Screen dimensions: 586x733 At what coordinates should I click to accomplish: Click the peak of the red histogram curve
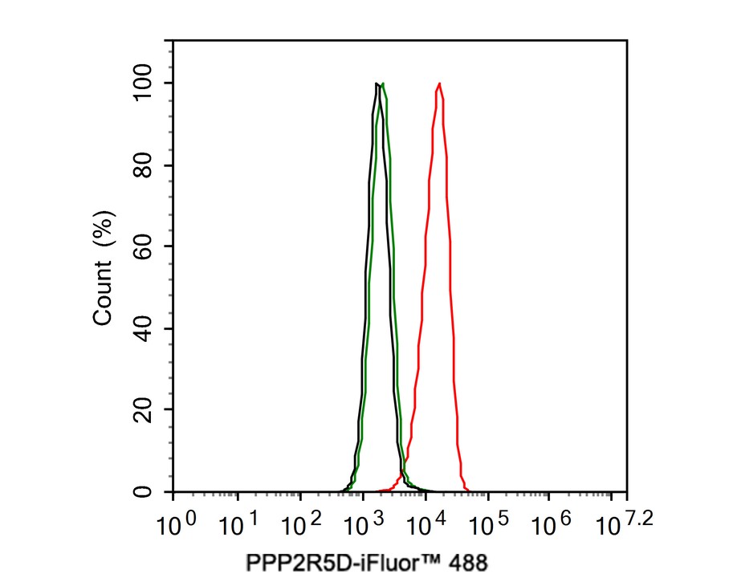[x=439, y=83]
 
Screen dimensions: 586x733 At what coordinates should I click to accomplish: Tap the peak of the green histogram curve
[x=383, y=83]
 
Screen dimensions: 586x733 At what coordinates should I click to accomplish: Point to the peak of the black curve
[x=377, y=83]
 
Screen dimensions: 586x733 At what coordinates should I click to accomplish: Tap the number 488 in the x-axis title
[x=469, y=564]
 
